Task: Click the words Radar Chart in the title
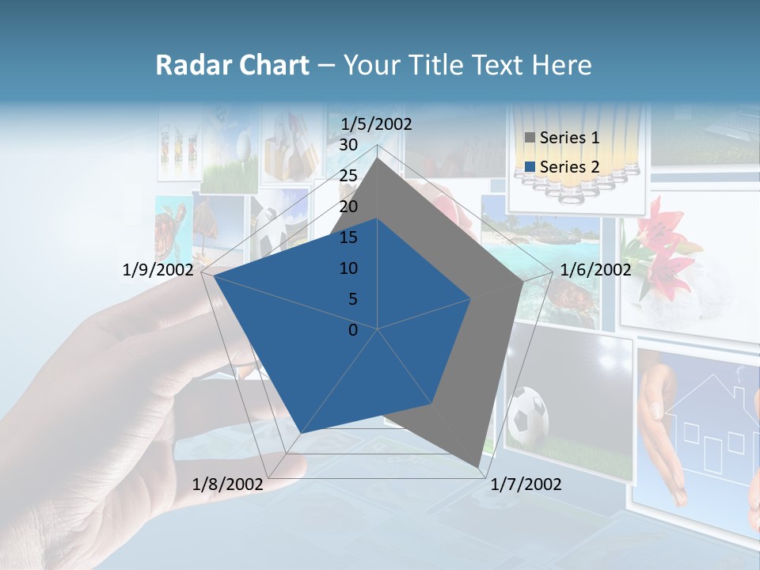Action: coord(232,66)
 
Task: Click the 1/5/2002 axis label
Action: coord(376,124)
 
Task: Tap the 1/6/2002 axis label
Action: coord(595,270)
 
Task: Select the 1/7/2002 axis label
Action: coord(526,484)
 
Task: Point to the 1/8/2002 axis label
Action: coord(228,484)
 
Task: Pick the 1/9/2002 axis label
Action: coord(158,270)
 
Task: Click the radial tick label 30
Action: coord(348,145)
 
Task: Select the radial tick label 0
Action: coord(353,330)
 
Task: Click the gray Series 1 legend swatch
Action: coord(530,138)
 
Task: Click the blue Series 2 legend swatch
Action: coord(530,167)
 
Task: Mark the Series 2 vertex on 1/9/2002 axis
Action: coord(215,276)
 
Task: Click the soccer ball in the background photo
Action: coord(527,415)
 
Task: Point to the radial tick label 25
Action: coord(348,176)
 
